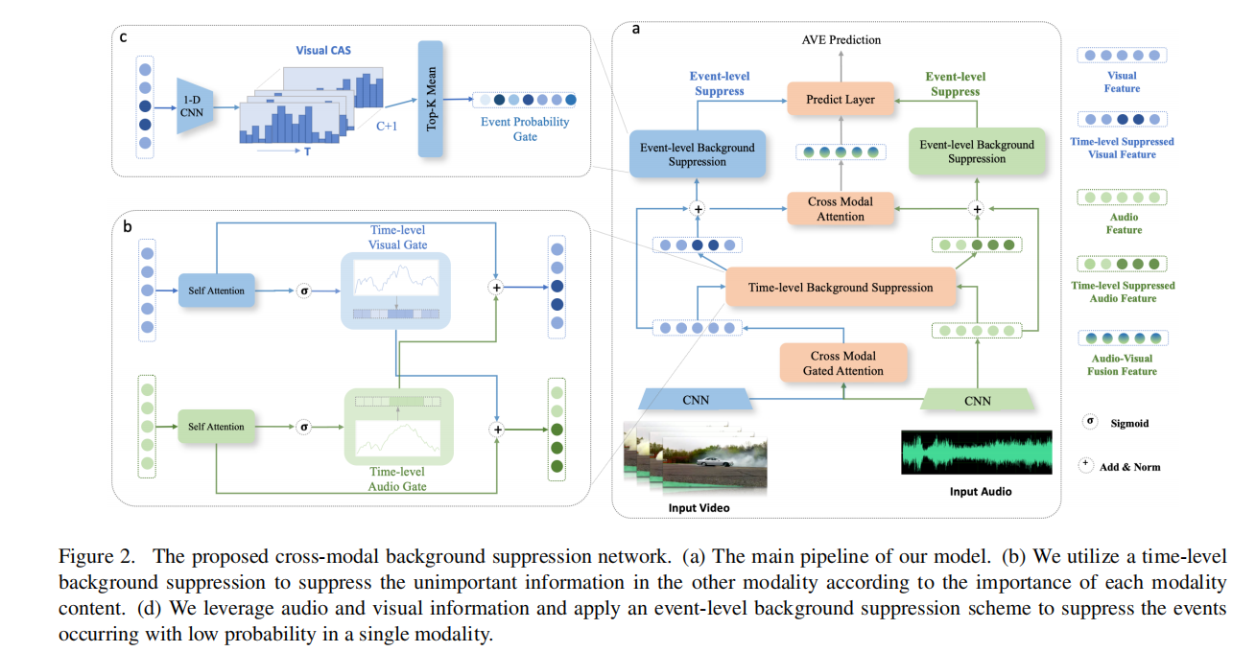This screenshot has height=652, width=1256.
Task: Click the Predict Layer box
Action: pyautogui.click(x=840, y=99)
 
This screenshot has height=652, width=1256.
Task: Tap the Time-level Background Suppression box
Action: pyautogui.click(x=841, y=288)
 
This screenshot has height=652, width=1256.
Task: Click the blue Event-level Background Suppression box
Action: pyautogui.click(x=697, y=154)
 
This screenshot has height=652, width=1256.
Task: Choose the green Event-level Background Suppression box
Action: pyautogui.click(x=977, y=151)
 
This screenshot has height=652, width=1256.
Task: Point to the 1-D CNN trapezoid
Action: pyautogui.click(x=195, y=105)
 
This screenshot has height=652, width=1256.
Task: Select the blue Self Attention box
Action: pyautogui.click(x=216, y=291)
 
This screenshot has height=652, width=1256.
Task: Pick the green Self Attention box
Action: pyautogui.click(x=216, y=427)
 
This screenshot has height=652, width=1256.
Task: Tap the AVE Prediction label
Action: pyautogui.click(x=841, y=39)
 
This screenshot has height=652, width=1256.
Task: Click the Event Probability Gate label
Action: pyautogui.click(x=525, y=129)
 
